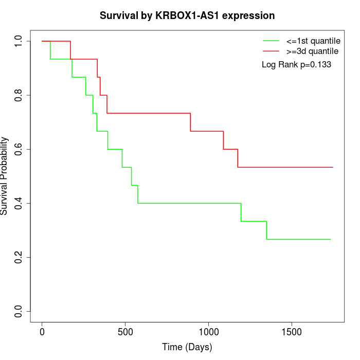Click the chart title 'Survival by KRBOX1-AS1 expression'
[187, 15]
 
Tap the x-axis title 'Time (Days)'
[187, 347]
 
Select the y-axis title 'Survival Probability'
[5, 176]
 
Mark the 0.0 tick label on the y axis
[19, 311]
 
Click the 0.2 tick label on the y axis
[19, 257]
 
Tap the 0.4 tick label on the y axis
[19, 203]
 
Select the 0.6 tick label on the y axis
[19, 149]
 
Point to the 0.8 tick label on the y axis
[19, 95]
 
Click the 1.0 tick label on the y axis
[19, 41]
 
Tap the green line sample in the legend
[271, 41]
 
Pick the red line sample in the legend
[271, 51]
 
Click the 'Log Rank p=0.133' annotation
[296, 65]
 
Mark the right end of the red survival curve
[333, 167]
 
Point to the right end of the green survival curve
[330, 239]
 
